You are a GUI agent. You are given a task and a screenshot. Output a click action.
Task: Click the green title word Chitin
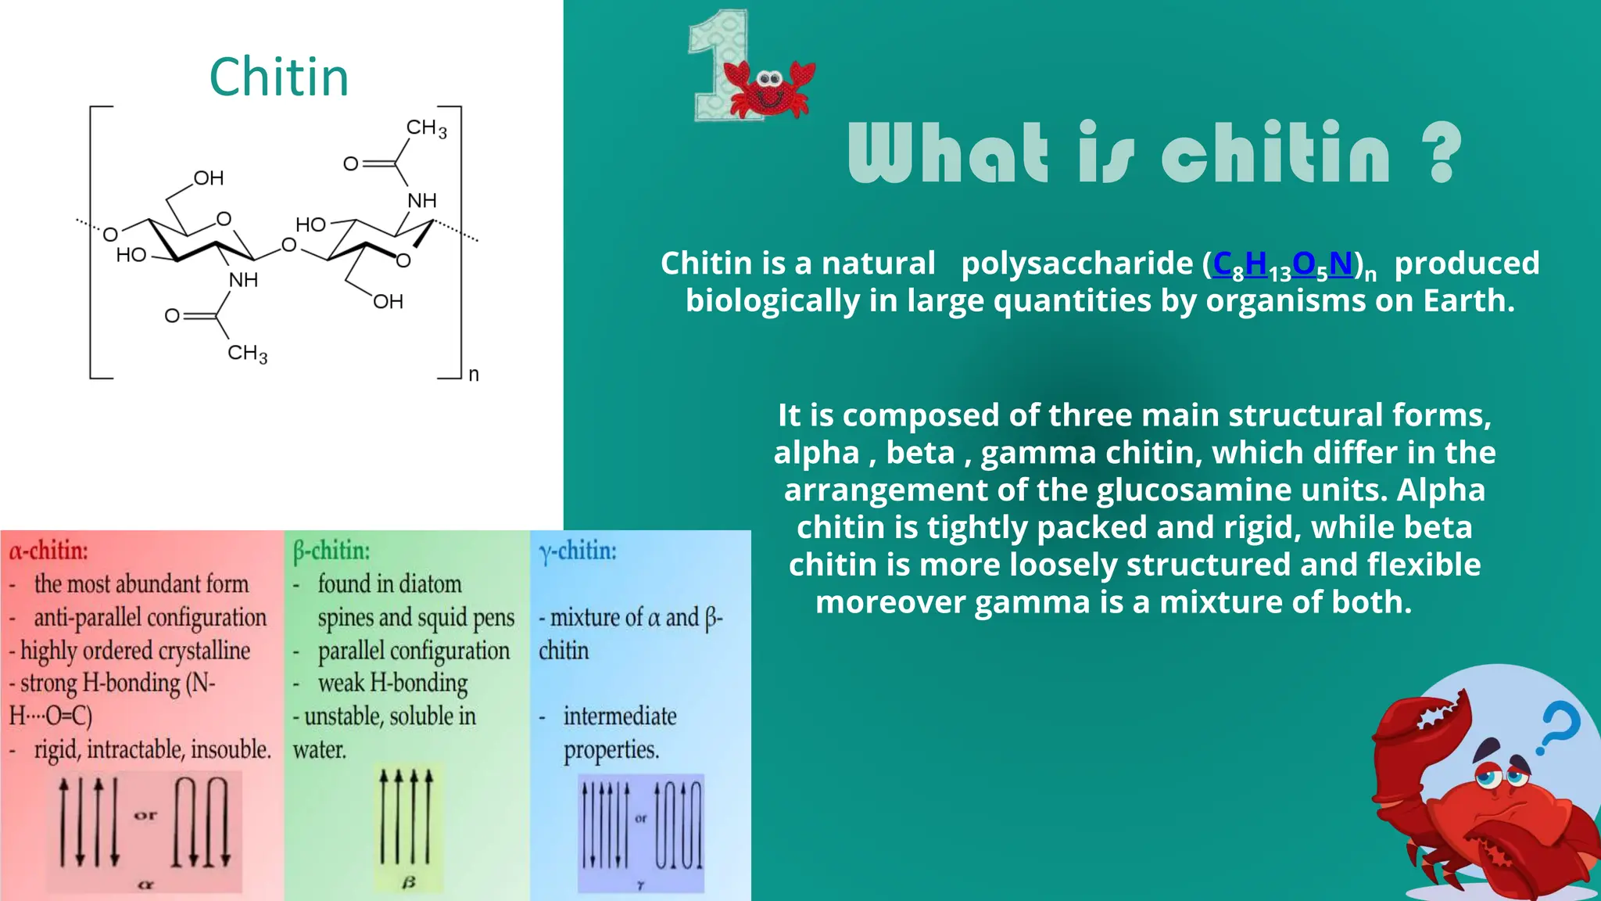278,77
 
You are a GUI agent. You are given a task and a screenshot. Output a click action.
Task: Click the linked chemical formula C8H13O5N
1282,264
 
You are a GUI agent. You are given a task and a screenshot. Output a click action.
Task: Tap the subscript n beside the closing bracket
473,374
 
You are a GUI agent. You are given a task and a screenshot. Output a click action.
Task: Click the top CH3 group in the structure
426,127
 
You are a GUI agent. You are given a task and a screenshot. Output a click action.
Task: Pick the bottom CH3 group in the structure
247,354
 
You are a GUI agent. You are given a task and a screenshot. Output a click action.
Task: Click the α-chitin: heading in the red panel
48,551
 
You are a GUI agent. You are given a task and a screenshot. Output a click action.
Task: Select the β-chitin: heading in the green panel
331,551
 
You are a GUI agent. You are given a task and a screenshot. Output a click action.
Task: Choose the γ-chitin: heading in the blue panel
577,551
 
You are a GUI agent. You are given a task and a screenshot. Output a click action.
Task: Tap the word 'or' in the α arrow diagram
145,815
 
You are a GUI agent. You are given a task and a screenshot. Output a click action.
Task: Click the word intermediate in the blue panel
619,716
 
